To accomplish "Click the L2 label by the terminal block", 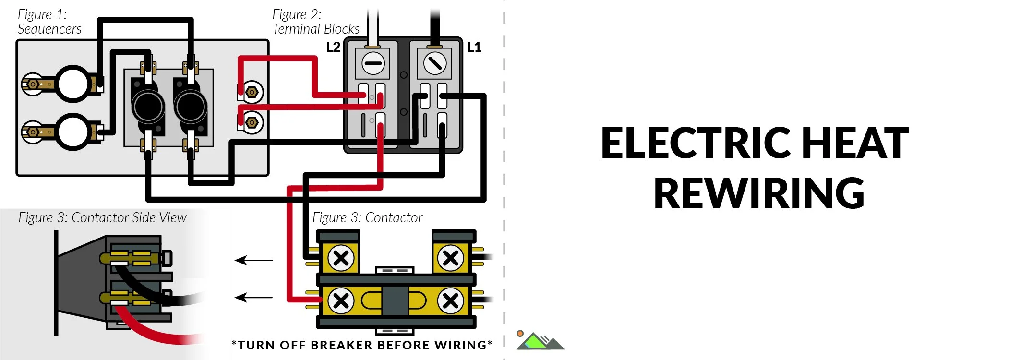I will click(333, 47).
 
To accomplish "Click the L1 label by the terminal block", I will click(474, 47).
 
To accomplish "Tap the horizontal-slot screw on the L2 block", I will click(373, 63).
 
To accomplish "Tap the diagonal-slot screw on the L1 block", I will click(435, 63).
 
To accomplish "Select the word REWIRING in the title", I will click(759, 193).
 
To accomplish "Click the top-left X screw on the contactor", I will click(341, 258).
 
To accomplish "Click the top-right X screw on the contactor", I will click(450, 258).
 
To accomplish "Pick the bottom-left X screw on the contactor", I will click(341, 301).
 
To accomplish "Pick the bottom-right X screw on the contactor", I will click(450, 301).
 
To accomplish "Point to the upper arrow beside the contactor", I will click(253, 260).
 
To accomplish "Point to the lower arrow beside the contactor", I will click(253, 298).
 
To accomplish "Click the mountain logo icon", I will click(540, 341).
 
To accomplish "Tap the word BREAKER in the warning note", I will click(341, 345).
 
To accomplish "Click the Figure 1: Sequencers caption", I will click(49, 22).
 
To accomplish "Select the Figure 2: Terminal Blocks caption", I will click(315, 22).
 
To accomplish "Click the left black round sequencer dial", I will click(148, 107).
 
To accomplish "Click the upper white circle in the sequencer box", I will click(73, 84).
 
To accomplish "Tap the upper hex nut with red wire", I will click(252, 92).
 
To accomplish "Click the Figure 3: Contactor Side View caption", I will click(102, 217).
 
